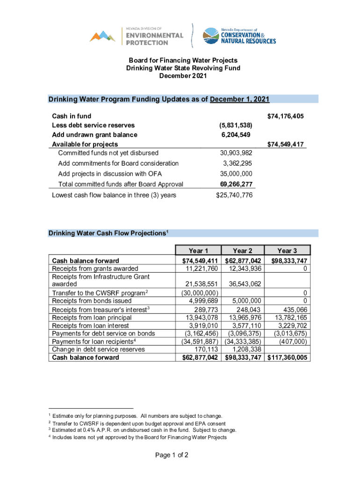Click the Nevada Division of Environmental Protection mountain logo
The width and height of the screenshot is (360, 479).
(x=102, y=36)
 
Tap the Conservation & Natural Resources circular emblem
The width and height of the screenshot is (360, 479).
(x=209, y=35)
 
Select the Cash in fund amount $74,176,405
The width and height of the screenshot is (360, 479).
(x=285, y=116)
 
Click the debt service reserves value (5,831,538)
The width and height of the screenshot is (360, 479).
(x=236, y=125)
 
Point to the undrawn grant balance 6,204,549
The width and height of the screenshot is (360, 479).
(x=236, y=135)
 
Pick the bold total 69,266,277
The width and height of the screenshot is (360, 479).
(x=236, y=184)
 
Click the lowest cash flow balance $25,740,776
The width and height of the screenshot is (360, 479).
(x=234, y=195)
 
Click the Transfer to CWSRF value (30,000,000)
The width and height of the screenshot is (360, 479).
(x=198, y=293)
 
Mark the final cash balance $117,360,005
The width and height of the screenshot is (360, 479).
(x=288, y=358)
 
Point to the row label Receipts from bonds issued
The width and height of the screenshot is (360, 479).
(x=91, y=301)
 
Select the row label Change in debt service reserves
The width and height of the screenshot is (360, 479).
(x=98, y=349)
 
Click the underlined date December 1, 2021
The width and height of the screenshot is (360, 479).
(x=239, y=99)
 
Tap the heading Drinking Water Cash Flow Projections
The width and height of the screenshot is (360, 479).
(x=108, y=233)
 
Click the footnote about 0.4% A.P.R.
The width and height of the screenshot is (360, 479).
(x=144, y=430)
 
